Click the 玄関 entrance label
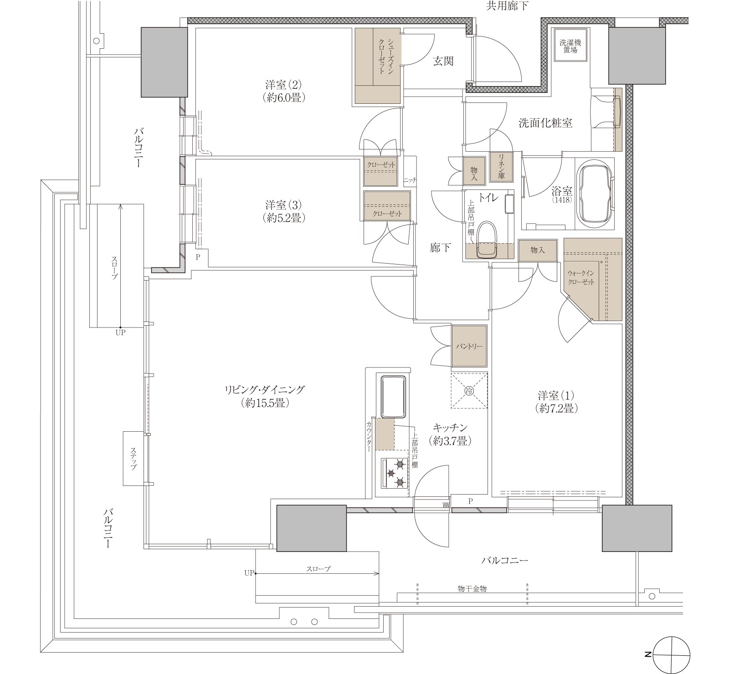pyautogui.click(x=443, y=61)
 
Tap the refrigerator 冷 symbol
pyautogui.click(x=469, y=390)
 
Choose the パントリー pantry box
pyautogui.click(x=469, y=346)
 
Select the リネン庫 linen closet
pyautogui.click(x=502, y=166)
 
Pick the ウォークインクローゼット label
pyautogui.click(x=581, y=277)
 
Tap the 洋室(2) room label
pyautogui.click(x=283, y=91)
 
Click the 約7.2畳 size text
pyautogui.click(x=556, y=408)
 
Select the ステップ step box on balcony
pyautogui.click(x=133, y=459)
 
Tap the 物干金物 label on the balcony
pyautogui.click(x=472, y=589)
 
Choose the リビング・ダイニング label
pyautogui.click(x=264, y=390)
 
